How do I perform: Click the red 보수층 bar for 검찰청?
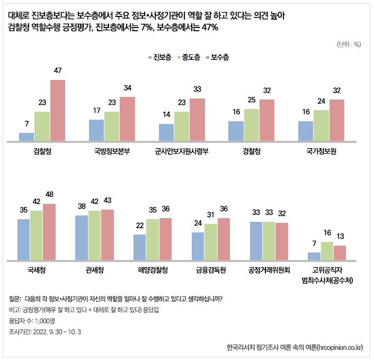[x=57, y=110]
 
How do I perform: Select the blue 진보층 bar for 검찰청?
[x=26, y=137]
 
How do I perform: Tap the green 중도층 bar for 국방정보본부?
[x=112, y=126]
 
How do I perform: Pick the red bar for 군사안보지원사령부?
[x=197, y=120]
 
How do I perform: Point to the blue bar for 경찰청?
[x=236, y=131]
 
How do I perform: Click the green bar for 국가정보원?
[x=321, y=125]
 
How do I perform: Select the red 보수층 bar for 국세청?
[x=49, y=232]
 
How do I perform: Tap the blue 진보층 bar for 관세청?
[x=82, y=238]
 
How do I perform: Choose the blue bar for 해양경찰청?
[x=139, y=247]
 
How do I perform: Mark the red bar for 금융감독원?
[x=224, y=239]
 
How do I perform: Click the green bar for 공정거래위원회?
[x=269, y=241]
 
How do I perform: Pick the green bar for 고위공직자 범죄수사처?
[x=327, y=251]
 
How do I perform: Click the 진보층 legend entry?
[x=159, y=57]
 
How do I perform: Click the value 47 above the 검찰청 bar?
[x=58, y=70]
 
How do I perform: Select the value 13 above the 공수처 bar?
[x=340, y=236]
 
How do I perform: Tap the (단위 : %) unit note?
[x=349, y=44]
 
